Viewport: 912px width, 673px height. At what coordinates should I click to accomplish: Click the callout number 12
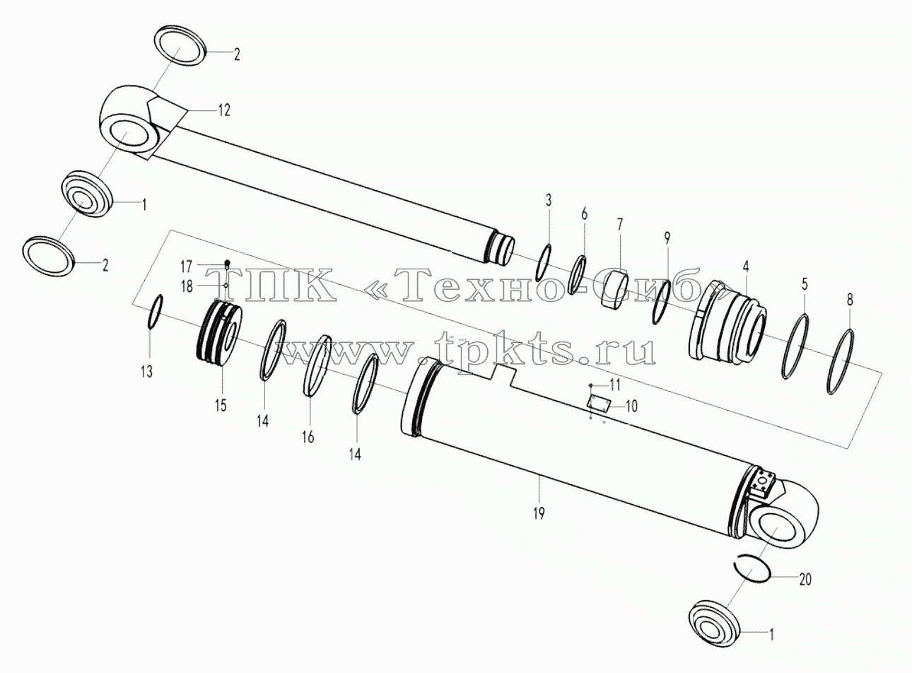click(223, 110)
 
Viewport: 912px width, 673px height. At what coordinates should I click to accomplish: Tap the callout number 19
click(539, 513)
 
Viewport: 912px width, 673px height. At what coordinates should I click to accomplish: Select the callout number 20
click(805, 580)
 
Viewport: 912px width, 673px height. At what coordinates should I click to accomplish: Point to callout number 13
click(146, 372)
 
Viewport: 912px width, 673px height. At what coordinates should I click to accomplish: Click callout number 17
click(186, 267)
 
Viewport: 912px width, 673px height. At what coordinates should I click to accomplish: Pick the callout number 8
click(850, 300)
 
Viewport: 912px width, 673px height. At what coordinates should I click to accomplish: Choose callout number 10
click(631, 406)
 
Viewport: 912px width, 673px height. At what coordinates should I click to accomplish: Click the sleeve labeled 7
click(616, 290)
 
